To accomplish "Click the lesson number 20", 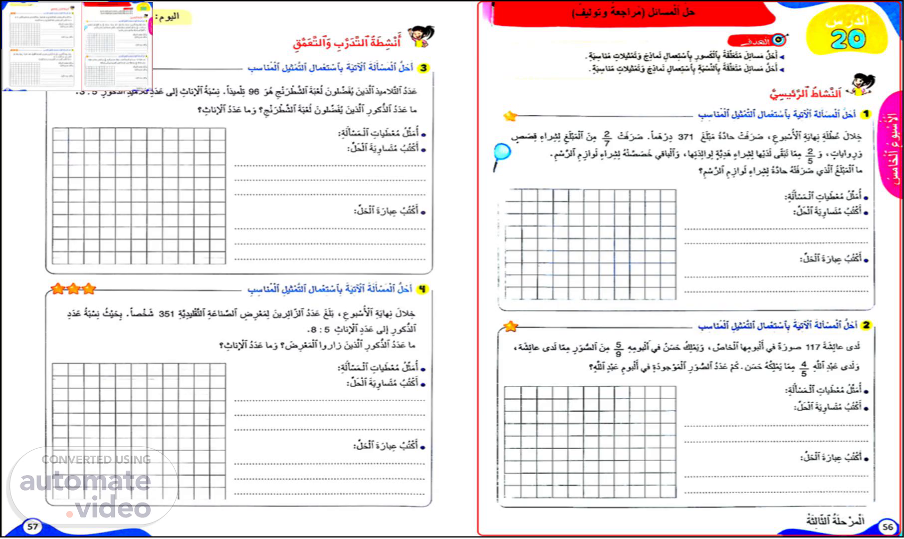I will pyautogui.click(x=848, y=39).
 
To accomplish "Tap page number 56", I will pyautogui.click(x=888, y=527).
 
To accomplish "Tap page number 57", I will pyautogui.click(x=32, y=526).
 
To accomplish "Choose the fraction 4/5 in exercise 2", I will pyautogui.click(x=804, y=369).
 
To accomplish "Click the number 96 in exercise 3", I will pyautogui.click(x=254, y=92).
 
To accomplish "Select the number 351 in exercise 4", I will pyautogui.click(x=166, y=314).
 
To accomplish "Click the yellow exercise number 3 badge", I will pyautogui.click(x=424, y=68).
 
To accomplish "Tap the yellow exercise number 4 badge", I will pyautogui.click(x=422, y=289).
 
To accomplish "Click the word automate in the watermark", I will pyautogui.click(x=85, y=481).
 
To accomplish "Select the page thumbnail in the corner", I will pyautogui.click(x=77, y=46).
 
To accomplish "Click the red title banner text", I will pyautogui.click(x=633, y=12).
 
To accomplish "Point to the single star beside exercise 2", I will pyautogui.click(x=510, y=327).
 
